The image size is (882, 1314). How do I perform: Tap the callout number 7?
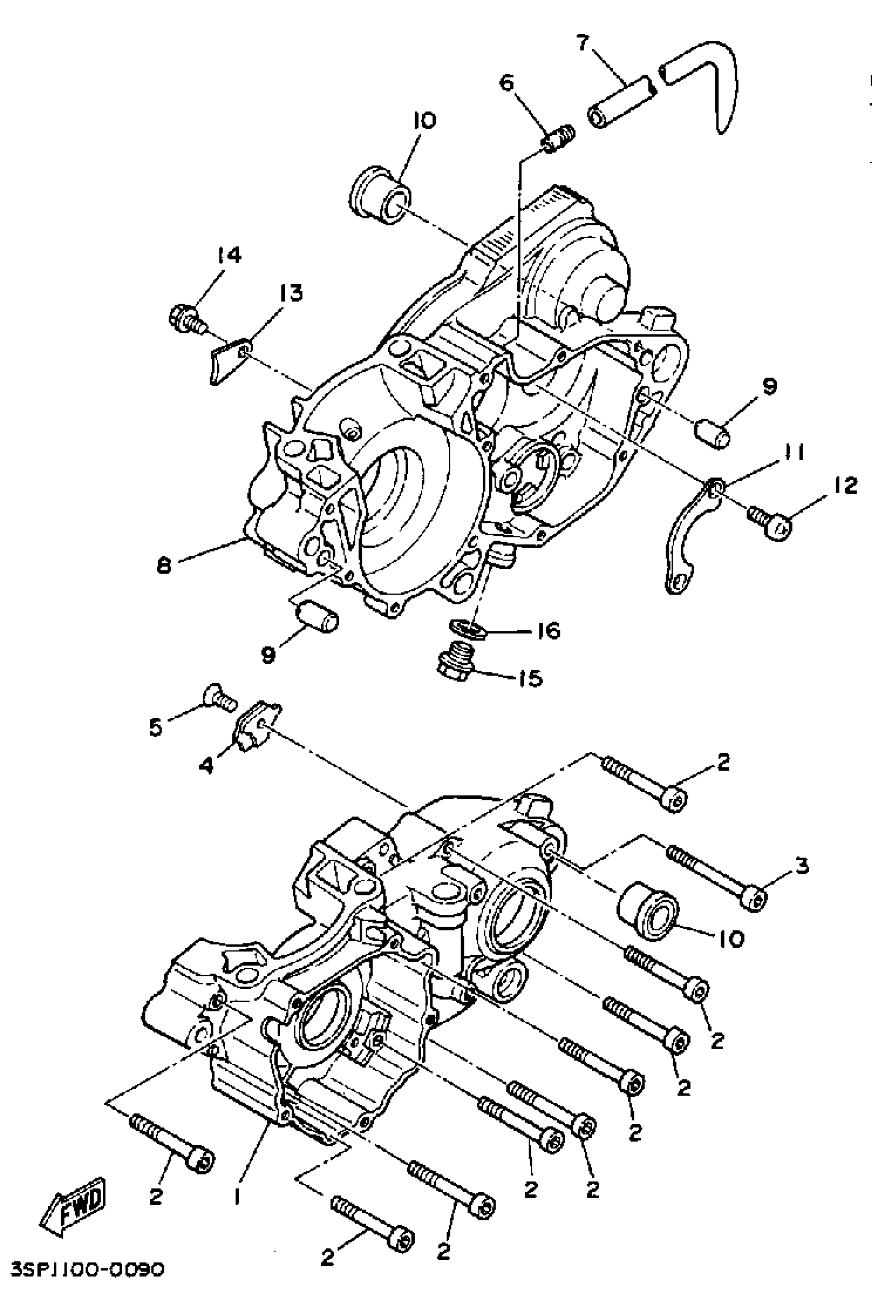583,42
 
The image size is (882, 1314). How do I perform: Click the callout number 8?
163,565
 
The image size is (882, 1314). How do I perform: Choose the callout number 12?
846,484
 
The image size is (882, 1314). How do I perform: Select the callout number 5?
155,727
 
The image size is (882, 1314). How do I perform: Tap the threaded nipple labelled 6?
559,137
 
